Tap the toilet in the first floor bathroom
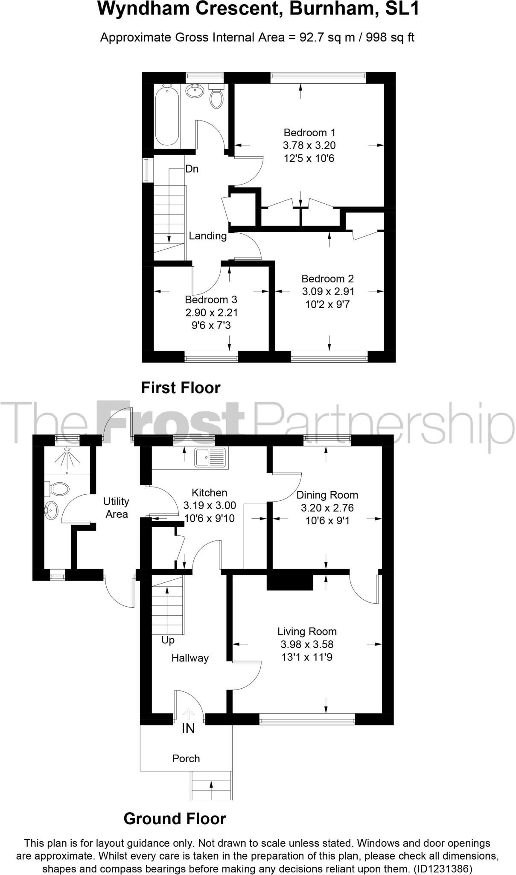(x=216, y=98)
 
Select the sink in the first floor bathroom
(x=195, y=91)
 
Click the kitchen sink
(x=210, y=457)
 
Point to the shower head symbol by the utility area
(x=67, y=459)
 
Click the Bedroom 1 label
(x=309, y=132)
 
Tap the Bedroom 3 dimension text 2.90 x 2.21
(x=211, y=313)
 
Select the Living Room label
(x=307, y=631)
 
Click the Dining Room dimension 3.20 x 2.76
(x=327, y=508)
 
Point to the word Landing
(x=208, y=236)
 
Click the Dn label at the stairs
(x=192, y=169)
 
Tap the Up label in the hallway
(x=168, y=640)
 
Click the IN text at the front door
(x=188, y=728)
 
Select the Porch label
(x=186, y=758)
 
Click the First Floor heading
(x=181, y=388)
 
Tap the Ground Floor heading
(x=175, y=819)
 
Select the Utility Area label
(x=116, y=508)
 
